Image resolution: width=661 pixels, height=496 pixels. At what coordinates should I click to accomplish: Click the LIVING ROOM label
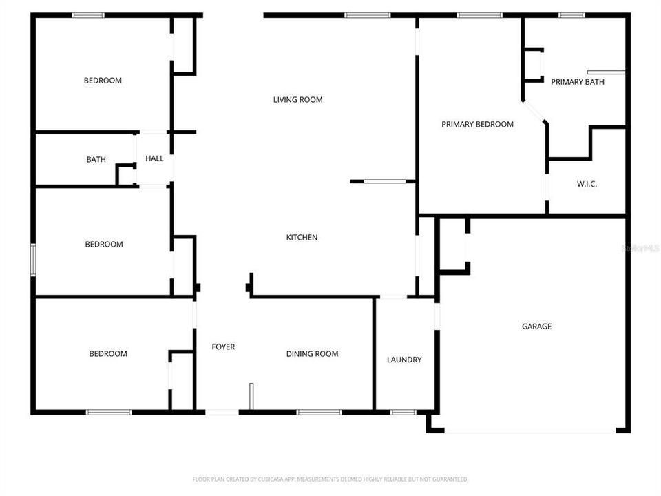[297, 100]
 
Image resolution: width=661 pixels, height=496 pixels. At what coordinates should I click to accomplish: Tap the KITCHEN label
[302, 238]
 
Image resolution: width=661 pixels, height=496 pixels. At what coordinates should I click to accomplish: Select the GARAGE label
[536, 327]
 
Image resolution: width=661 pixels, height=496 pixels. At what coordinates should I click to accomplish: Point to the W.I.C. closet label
[586, 184]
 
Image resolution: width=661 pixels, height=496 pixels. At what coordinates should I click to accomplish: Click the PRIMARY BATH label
[577, 82]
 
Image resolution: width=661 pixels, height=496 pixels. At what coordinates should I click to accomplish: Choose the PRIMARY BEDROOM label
[477, 125]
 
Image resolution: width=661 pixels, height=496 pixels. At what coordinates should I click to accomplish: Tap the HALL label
[154, 158]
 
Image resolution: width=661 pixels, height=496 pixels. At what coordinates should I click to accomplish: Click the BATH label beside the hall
[96, 160]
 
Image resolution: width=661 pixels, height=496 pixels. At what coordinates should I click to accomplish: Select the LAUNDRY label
[404, 360]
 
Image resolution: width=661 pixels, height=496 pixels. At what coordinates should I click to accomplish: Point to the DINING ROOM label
[312, 354]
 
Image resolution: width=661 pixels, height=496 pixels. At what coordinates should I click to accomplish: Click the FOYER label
[222, 347]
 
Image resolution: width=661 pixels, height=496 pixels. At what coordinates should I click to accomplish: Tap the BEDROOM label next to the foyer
[108, 354]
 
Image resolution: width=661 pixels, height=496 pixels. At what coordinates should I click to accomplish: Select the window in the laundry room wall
[402, 412]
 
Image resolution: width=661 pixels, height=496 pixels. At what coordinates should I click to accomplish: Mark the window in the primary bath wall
[571, 15]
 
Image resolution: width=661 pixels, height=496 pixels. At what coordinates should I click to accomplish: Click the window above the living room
[367, 15]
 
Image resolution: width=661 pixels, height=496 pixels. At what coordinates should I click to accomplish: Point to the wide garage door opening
[528, 432]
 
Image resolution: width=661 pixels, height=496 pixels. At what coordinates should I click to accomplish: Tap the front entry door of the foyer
[222, 412]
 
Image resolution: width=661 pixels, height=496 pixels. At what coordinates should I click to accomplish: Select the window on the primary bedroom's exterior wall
[479, 15]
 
